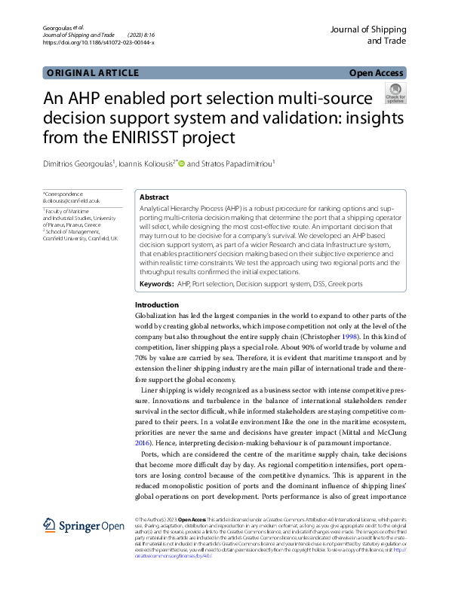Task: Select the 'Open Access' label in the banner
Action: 377,73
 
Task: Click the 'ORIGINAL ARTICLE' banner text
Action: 93,73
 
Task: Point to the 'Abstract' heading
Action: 154,197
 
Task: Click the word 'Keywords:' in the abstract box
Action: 157,285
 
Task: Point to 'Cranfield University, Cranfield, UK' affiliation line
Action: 81,237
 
